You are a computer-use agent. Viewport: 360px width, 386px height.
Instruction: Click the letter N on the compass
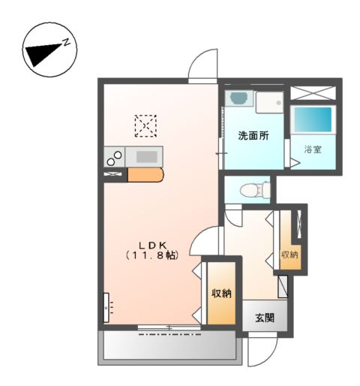(x=67, y=43)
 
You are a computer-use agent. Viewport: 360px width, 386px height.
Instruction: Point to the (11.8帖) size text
(x=151, y=255)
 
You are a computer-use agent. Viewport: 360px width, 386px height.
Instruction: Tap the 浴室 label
(x=313, y=149)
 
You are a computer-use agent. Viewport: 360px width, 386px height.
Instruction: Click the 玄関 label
(x=264, y=318)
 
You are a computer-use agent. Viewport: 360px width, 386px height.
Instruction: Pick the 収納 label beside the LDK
(x=220, y=294)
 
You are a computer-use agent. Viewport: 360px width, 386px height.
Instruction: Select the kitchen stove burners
(x=115, y=158)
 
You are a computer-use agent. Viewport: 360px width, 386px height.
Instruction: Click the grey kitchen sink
(x=145, y=157)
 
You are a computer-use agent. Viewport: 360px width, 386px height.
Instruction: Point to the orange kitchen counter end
(x=145, y=175)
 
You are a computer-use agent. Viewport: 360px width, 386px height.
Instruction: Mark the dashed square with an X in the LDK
(x=145, y=125)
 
